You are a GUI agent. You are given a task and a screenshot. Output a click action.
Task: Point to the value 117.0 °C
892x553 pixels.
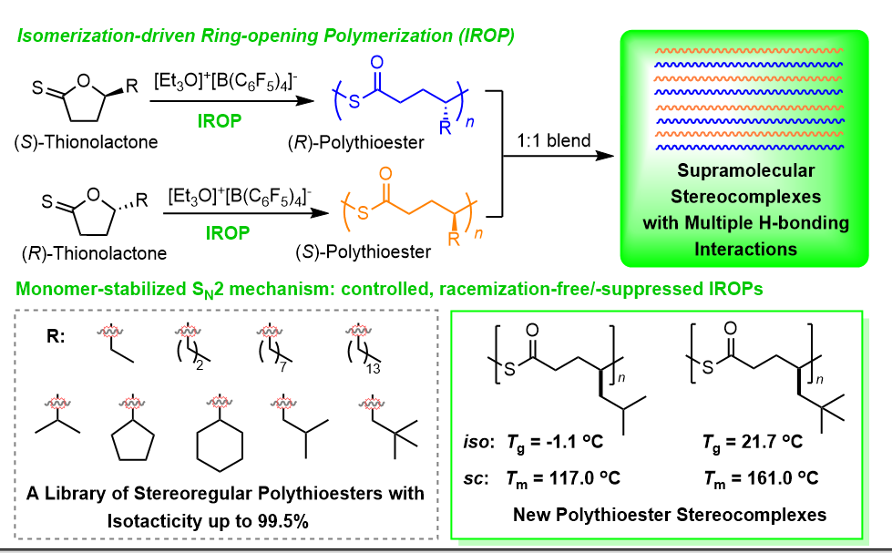(x=575, y=476)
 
